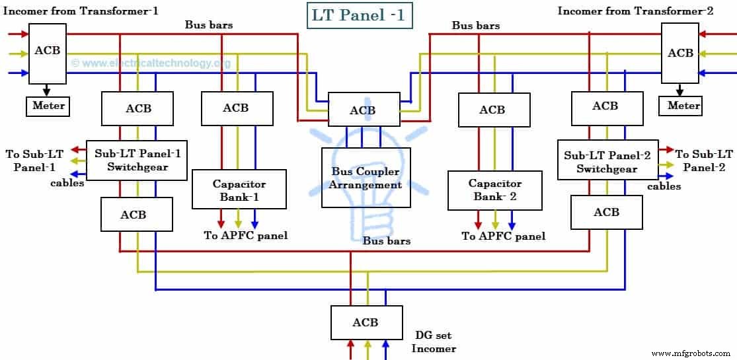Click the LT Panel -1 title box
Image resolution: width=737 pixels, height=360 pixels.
click(x=360, y=15)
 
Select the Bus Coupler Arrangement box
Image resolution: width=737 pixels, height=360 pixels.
click(x=366, y=178)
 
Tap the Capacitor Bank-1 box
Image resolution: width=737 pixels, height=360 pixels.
click(x=239, y=190)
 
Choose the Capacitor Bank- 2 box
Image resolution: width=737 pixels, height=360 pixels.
click(x=494, y=190)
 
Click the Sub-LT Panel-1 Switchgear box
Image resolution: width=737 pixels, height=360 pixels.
click(x=137, y=159)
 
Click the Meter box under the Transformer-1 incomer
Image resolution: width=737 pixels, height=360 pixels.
click(x=48, y=106)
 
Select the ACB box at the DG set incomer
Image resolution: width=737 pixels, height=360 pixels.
click(x=366, y=322)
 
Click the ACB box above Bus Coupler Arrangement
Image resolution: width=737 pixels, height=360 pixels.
click(x=364, y=110)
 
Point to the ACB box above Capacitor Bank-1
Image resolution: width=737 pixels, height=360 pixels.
click(x=237, y=108)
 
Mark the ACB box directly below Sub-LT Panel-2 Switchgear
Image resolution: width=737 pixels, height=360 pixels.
click(x=606, y=212)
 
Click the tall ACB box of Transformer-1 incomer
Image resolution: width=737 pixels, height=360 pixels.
click(x=48, y=54)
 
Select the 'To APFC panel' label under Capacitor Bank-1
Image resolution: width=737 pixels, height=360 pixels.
click(x=245, y=236)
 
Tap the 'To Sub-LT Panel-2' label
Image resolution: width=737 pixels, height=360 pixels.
click(x=703, y=161)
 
